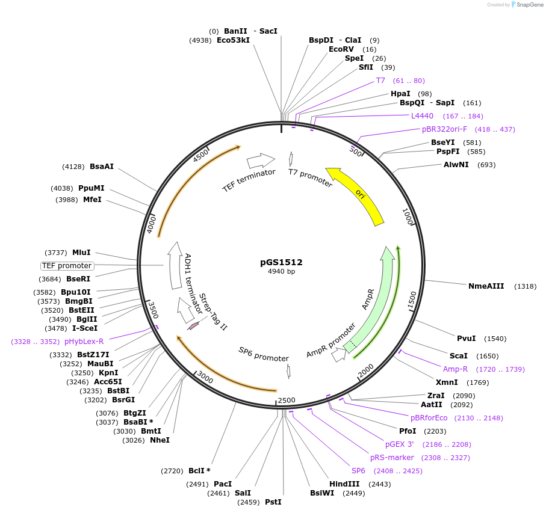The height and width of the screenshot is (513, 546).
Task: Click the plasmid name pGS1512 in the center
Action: [x=281, y=262]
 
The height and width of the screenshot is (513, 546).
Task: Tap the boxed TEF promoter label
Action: [x=67, y=266]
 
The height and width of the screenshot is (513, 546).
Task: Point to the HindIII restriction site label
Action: [x=344, y=484]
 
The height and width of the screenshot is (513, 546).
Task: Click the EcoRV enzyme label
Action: [x=345, y=49]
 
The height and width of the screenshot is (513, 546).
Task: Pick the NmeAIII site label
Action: [x=486, y=286]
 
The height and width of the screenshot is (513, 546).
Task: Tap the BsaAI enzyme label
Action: [x=102, y=167]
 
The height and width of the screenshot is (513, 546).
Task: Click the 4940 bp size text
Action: [x=281, y=272]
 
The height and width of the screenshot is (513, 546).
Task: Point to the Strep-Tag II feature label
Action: [x=214, y=312]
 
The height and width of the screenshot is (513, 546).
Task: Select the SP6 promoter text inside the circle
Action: [x=264, y=354]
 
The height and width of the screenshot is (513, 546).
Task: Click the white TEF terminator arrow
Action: [x=260, y=160]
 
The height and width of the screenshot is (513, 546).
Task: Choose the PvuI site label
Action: [x=466, y=339]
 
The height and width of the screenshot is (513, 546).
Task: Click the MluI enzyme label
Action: [x=81, y=253]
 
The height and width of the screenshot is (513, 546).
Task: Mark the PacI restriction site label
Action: [x=222, y=484]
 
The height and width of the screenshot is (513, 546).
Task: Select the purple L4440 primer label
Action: [x=422, y=116]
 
